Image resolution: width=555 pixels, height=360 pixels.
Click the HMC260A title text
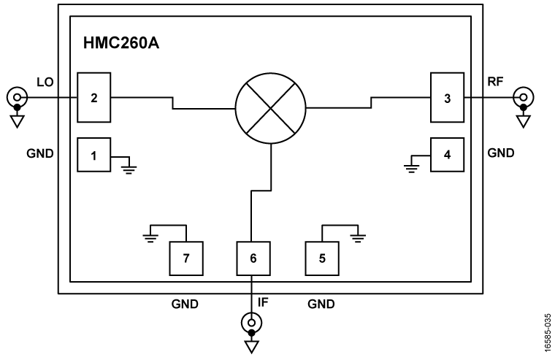121,43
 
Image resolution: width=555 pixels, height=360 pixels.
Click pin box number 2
94,97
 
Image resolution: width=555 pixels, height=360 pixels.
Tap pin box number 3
446,97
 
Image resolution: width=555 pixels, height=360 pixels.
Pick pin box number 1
94,154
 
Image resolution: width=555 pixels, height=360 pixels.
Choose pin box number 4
446,154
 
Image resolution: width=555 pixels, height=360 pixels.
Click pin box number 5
321,257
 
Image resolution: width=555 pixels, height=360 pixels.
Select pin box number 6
253,257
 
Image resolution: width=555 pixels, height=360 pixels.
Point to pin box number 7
185,257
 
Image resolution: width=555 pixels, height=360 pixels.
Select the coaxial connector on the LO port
17,97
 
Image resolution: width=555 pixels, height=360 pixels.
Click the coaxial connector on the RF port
522,97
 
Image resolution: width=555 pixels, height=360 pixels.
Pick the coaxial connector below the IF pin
253,321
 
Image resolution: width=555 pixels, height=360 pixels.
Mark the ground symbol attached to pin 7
151,236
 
